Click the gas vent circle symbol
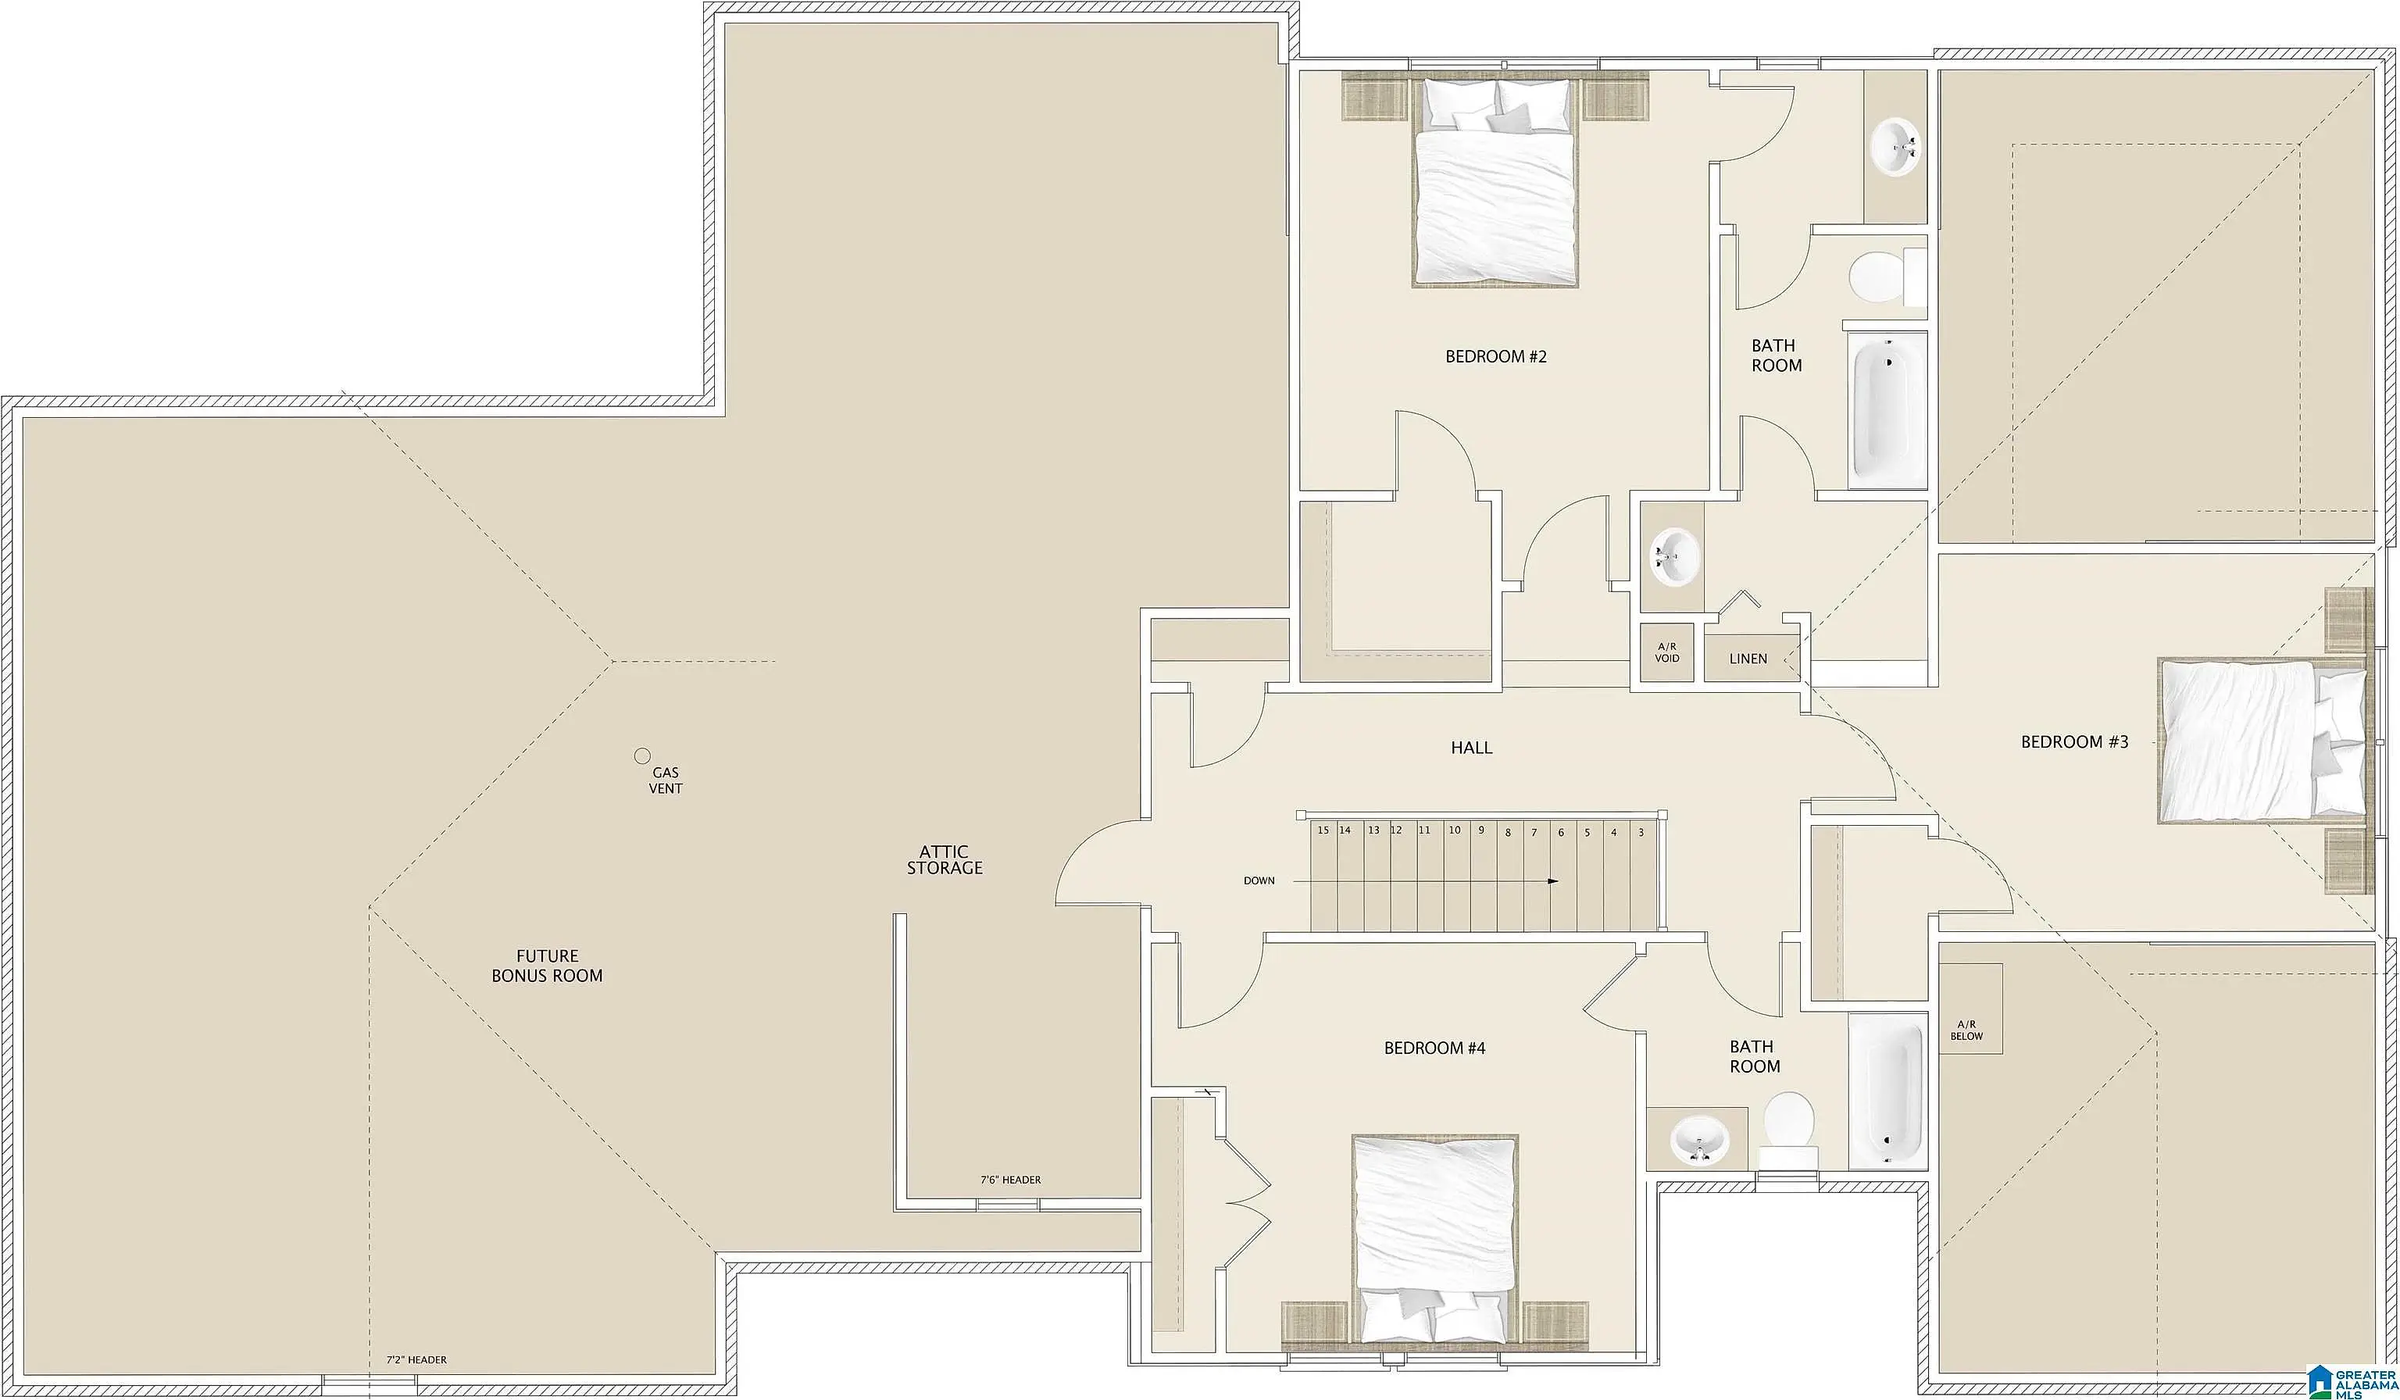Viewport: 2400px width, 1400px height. [x=642, y=756]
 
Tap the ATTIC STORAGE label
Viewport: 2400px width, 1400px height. [x=944, y=860]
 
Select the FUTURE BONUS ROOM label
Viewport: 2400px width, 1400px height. [x=547, y=966]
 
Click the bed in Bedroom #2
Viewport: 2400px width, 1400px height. [x=1495, y=182]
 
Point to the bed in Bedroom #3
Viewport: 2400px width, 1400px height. [x=2262, y=740]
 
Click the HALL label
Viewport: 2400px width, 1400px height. [x=1471, y=748]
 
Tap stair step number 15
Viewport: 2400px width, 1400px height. [x=1323, y=830]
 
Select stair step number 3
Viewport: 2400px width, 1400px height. [x=1641, y=832]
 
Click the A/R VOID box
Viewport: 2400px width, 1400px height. [x=1666, y=652]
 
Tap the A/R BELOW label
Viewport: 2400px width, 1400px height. [x=1966, y=1030]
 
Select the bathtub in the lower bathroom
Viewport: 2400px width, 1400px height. [x=1887, y=1091]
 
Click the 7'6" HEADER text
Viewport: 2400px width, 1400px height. [x=1010, y=1180]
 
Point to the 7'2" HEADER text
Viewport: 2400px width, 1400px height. [x=416, y=1360]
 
